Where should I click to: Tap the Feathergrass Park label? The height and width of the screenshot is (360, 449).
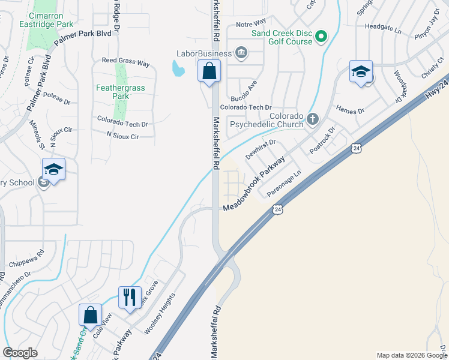(113, 91)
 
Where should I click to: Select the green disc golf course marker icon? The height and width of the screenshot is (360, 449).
(321, 37)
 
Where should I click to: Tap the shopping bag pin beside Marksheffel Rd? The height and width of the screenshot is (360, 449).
(208, 71)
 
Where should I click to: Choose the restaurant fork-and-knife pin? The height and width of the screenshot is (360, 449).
(130, 297)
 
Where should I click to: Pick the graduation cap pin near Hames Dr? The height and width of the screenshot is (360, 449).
(360, 71)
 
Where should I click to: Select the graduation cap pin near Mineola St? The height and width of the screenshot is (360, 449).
(53, 170)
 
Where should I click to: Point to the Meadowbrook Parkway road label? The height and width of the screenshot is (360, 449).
(262, 179)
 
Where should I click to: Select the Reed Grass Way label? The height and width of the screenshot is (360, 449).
(125, 61)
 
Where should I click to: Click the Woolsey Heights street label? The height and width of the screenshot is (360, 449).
(160, 314)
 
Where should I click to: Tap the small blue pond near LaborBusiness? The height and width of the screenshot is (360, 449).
(178, 70)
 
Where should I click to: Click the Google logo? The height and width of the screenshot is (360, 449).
(20, 353)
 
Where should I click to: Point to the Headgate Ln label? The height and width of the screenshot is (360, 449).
(382, 27)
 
